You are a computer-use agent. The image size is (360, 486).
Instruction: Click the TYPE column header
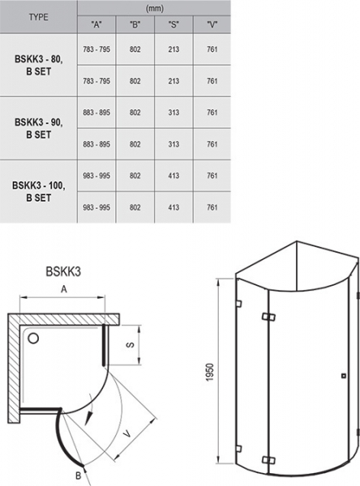(x=38, y=17)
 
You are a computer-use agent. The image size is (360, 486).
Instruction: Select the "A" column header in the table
(x=96, y=24)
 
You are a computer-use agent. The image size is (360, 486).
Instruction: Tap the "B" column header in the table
(x=135, y=24)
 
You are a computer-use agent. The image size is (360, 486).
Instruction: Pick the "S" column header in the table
(x=174, y=24)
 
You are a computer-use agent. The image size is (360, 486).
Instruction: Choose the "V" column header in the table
(x=212, y=24)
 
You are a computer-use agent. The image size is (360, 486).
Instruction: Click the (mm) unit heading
(x=155, y=8)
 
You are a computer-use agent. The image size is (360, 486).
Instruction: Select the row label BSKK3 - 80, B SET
(x=38, y=65)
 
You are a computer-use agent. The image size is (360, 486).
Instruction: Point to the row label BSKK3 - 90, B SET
(x=38, y=128)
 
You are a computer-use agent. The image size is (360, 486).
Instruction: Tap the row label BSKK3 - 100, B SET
(x=38, y=191)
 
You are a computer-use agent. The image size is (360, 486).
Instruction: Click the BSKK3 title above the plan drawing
(x=63, y=271)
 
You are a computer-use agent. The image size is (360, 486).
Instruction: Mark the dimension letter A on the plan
(x=63, y=289)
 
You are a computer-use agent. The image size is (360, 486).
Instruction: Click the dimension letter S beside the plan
(x=131, y=345)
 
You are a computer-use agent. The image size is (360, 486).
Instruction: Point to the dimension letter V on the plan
(x=127, y=434)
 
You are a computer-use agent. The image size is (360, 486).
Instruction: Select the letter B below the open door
(x=78, y=475)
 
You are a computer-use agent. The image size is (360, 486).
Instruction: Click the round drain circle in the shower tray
(x=33, y=338)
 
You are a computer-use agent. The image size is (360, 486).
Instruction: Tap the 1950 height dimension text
(x=210, y=372)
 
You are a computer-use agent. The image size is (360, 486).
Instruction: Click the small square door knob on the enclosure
(x=343, y=376)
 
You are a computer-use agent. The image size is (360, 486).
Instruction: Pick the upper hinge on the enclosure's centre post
(x=268, y=317)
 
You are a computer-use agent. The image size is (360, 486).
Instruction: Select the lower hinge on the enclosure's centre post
(x=268, y=460)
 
